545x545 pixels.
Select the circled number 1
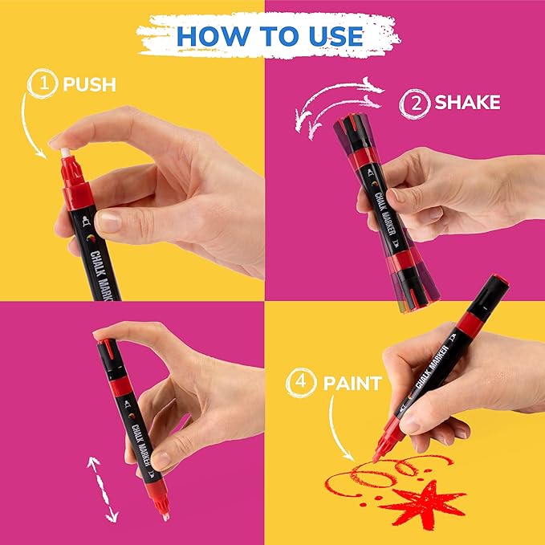42,83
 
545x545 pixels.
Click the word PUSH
91,83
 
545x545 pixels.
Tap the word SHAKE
467,102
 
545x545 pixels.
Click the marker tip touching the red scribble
376,456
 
